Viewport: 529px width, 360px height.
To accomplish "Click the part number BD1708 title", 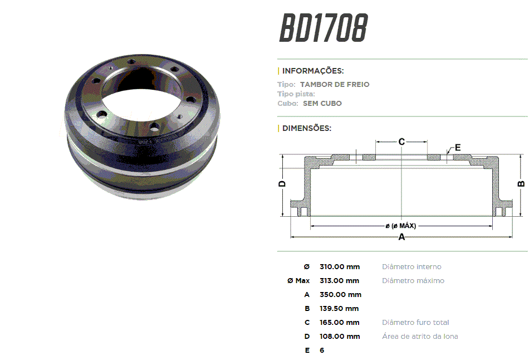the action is [324, 28].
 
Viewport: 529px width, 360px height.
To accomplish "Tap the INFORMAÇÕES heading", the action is [313, 71].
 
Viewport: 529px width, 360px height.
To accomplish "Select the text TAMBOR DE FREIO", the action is [335, 85].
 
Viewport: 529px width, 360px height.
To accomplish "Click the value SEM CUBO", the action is [322, 103].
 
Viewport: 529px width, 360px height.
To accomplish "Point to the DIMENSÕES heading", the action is [307, 128].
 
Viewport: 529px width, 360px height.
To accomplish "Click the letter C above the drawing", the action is [401, 142].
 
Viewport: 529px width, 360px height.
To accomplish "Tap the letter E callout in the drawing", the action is [458, 148].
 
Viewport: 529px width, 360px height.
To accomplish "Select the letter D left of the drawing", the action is [282, 184].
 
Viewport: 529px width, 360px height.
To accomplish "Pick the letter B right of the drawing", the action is [521, 184].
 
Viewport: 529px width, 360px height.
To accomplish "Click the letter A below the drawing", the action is [401, 237].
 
